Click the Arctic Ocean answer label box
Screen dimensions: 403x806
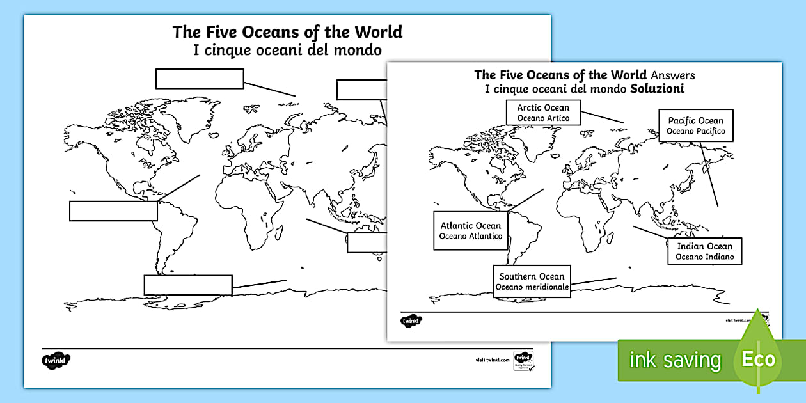[543, 113]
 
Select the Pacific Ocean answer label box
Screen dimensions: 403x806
[696, 125]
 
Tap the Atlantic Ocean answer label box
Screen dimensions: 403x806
[471, 231]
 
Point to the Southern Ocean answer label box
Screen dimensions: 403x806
[532, 281]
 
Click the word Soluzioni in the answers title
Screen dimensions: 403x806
[657, 89]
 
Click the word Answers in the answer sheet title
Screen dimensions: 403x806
[672, 75]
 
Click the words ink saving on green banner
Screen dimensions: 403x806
[675, 360]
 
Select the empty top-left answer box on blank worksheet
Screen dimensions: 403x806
[200, 79]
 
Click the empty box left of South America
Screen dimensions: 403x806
[113, 211]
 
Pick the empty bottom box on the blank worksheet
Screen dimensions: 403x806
[187, 285]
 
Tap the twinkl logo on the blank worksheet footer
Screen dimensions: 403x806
[56, 360]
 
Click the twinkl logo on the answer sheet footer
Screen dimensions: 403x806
[411, 319]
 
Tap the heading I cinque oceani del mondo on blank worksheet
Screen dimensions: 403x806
[287, 49]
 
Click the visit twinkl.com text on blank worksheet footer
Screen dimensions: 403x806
[492, 360]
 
